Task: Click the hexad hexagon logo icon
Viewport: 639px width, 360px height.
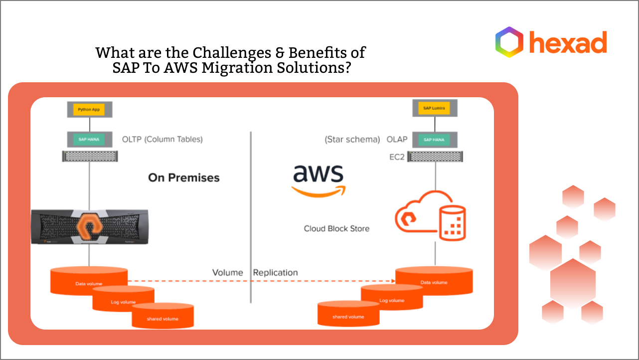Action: pos(509,42)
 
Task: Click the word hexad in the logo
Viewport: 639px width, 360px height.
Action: pos(568,42)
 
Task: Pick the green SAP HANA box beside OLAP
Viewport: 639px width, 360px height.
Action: pos(435,140)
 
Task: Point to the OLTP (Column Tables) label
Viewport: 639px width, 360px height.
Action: pos(162,140)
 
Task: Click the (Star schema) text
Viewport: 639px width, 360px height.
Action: pos(352,140)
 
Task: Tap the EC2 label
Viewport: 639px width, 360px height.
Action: pos(397,157)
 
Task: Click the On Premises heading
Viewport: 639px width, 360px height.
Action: pos(183,178)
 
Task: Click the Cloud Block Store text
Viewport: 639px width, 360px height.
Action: pos(337,229)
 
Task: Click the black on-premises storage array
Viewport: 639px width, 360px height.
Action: pos(89,226)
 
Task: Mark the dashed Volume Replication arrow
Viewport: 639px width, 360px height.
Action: pos(259,281)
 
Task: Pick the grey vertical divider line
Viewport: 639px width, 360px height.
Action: pos(250,217)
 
